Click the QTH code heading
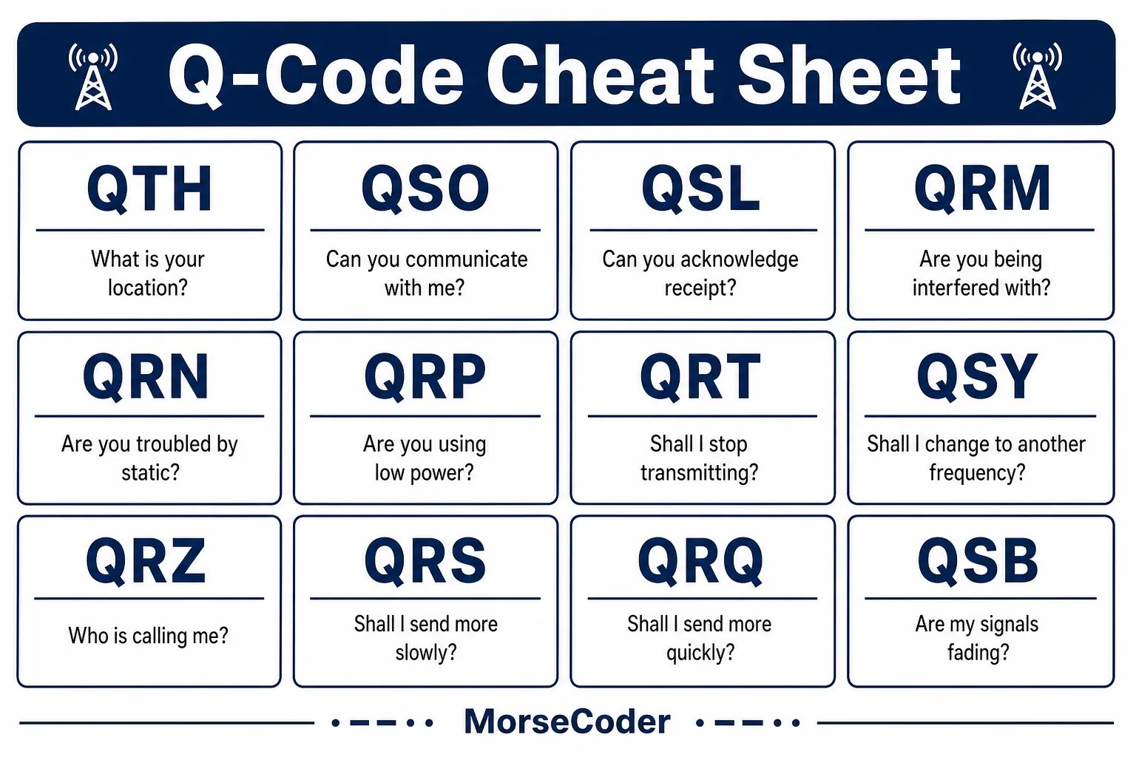click(149, 189)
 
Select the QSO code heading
click(425, 189)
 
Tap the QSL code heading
click(701, 189)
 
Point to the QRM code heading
click(982, 189)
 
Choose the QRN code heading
click(146, 377)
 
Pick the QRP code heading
click(425, 377)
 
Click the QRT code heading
click(700, 377)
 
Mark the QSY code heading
click(977, 377)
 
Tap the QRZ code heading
click(146, 561)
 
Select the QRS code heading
click(425, 561)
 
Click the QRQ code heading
click(700, 561)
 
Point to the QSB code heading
click(978, 561)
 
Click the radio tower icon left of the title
click(93, 77)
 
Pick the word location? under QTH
click(148, 288)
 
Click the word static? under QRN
click(151, 472)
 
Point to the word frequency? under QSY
click(977, 472)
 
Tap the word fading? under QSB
click(978, 652)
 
